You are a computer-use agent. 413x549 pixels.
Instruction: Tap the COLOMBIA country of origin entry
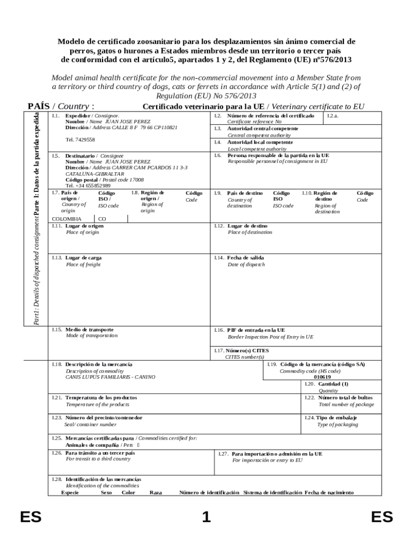(x=67, y=219)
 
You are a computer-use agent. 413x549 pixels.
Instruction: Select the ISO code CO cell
(x=102, y=219)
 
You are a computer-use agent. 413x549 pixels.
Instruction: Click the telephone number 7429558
(x=80, y=139)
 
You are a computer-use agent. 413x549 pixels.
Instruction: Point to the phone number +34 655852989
(x=88, y=186)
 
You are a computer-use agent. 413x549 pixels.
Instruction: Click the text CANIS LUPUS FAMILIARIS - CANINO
(x=110, y=377)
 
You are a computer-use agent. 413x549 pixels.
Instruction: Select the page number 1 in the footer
(x=206, y=517)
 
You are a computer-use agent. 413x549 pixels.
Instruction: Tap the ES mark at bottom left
(x=31, y=517)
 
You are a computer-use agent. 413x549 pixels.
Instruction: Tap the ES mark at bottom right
(x=382, y=517)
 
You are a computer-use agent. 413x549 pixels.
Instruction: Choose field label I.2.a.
(x=333, y=116)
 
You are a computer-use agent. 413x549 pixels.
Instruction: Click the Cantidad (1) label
(x=333, y=384)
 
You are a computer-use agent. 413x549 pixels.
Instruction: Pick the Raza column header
(x=156, y=492)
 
